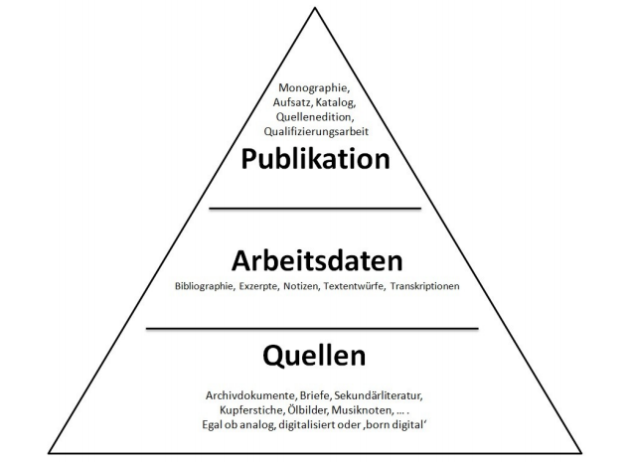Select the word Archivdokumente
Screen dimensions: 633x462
tap(237, 392)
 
